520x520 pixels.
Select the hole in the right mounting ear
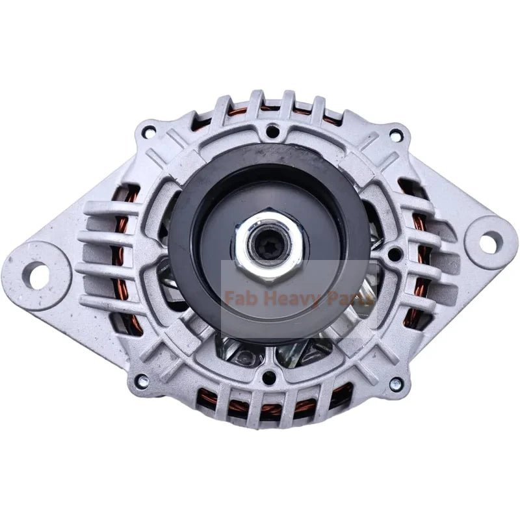click(x=491, y=238)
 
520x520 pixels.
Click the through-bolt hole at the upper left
click(x=149, y=127)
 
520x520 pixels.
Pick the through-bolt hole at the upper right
click(x=395, y=135)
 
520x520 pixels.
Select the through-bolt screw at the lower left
click(x=142, y=380)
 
